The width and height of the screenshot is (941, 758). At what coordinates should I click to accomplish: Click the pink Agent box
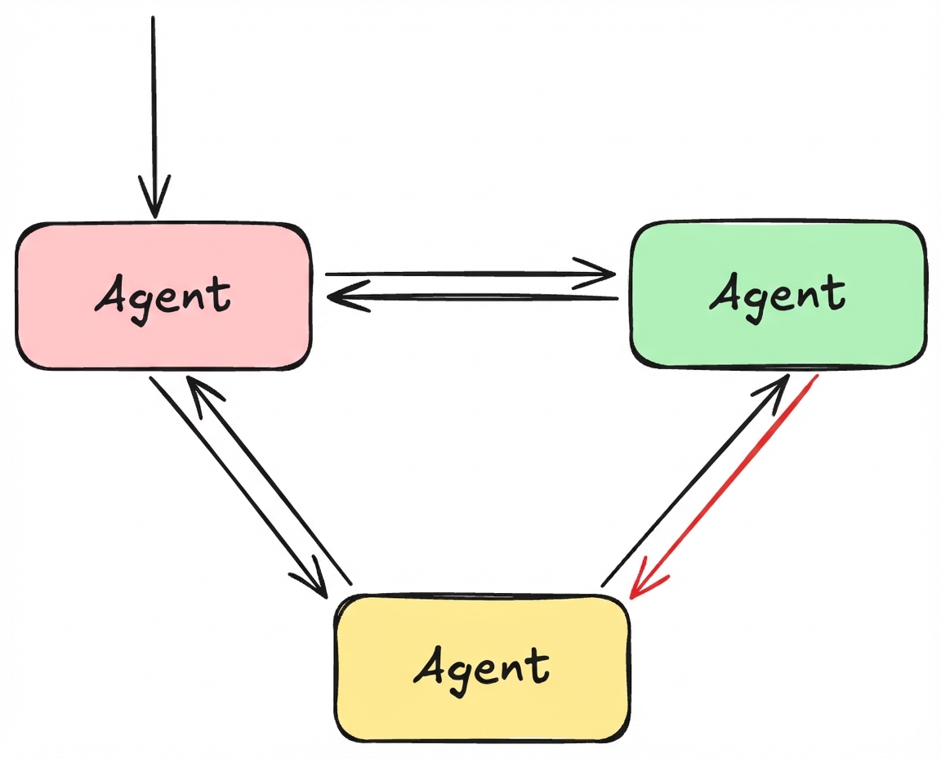(163, 327)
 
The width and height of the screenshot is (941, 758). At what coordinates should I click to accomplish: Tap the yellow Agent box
(482, 702)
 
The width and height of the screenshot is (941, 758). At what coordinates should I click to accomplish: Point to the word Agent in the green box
(778, 294)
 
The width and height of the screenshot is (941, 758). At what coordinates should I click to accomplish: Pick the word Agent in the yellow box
(482, 667)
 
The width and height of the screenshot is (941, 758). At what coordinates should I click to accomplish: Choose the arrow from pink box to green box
(466, 274)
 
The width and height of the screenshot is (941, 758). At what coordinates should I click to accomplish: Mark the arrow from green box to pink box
(474, 298)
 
